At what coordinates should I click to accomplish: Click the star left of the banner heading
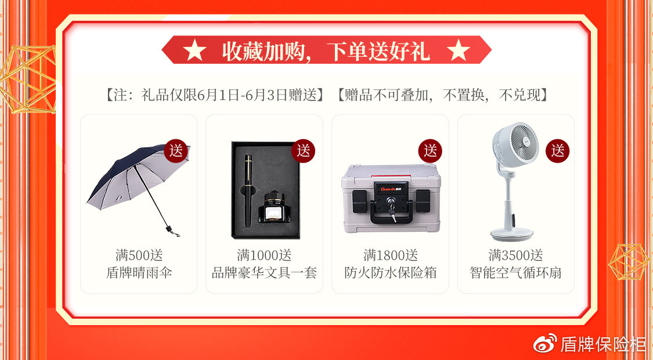tap(194, 51)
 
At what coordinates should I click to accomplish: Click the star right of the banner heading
tap(459, 51)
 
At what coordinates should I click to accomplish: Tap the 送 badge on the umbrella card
tap(176, 151)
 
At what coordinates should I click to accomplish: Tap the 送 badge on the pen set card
tap(303, 151)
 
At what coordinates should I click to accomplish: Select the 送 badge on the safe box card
tap(430, 151)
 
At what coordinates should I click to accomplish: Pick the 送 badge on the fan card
tap(557, 151)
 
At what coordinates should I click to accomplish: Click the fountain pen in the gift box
tap(248, 191)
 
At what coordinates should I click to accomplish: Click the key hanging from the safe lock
tap(391, 212)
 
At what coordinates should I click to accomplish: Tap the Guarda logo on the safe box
tap(390, 189)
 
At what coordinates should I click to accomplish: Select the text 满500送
tap(139, 254)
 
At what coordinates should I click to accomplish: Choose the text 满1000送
tap(264, 254)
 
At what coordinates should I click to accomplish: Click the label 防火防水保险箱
tap(390, 272)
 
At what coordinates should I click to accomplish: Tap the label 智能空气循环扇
tap(515, 272)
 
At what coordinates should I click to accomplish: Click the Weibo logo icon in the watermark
tap(545, 343)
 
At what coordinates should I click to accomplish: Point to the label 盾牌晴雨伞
tap(139, 272)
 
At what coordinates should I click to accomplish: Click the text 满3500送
tap(515, 254)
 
